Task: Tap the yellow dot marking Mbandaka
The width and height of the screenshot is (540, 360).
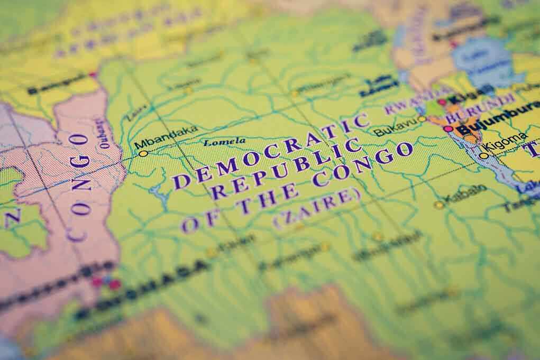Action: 143,153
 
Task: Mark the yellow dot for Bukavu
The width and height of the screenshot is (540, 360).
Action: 422,119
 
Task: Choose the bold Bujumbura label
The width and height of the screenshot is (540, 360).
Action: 497,121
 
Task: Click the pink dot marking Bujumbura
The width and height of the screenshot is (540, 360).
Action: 448,128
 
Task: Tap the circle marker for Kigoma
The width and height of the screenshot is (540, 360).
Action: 483,155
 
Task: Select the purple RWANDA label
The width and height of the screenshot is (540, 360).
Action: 410,105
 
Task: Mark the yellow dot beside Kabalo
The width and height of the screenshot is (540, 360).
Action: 438,205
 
